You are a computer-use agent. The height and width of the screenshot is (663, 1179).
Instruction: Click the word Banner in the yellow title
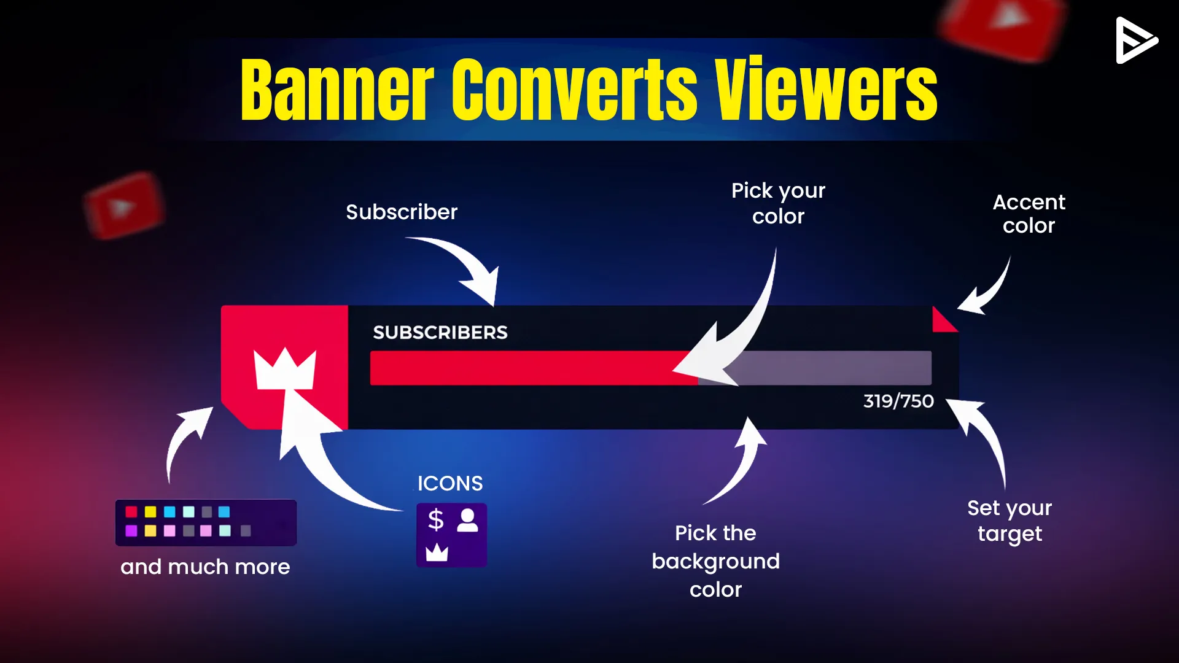tap(337, 90)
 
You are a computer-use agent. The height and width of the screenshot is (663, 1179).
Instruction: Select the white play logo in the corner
tap(1137, 41)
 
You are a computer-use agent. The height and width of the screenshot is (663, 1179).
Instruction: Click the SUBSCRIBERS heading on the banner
tap(440, 332)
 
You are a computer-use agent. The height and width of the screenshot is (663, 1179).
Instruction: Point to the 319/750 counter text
tap(898, 401)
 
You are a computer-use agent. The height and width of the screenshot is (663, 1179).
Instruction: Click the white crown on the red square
tap(285, 368)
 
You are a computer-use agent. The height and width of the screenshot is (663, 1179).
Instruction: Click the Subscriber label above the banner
tap(402, 212)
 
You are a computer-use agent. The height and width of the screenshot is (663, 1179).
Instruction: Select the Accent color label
tap(1029, 214)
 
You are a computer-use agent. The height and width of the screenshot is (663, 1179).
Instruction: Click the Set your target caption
tap(1010, 521)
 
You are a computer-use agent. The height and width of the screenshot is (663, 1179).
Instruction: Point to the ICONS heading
tap(450, 483)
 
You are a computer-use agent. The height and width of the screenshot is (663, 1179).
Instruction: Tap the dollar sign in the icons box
tap(436, 519)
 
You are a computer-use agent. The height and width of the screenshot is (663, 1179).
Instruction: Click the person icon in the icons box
tap(468, 520)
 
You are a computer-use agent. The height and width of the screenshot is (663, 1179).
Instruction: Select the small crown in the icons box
tap(437, 552)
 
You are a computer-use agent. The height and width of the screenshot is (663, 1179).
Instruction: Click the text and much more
tap(205, 567)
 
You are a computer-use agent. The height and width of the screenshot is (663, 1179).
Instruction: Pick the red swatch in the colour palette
tap(131, 512)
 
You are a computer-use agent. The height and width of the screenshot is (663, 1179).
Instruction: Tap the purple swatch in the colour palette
tap(131, 530)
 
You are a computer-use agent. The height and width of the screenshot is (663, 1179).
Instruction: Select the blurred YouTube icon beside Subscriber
tap(125, 206)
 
